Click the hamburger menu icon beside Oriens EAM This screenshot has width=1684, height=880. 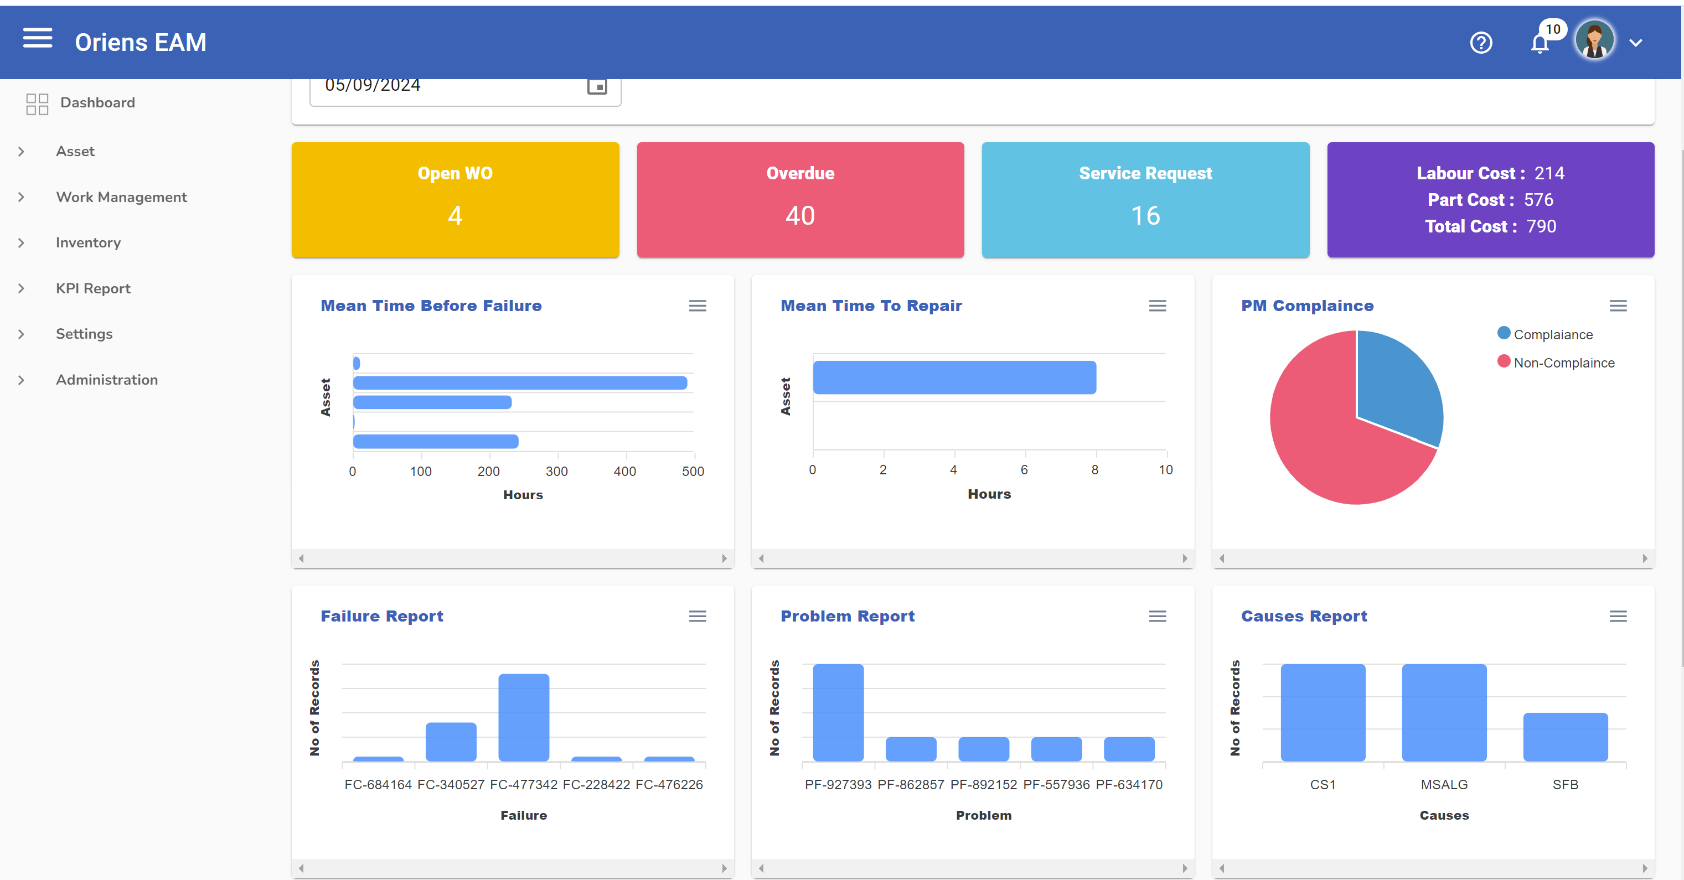coord(37,39)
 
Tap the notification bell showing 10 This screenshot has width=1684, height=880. coord(1540,44)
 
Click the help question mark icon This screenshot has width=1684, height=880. coord(1481,43)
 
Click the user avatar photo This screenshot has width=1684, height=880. coord(1594,40)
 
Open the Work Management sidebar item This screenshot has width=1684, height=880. coord(122,197)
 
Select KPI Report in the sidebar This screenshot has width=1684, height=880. coord(93,288)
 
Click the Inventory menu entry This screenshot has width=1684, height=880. coord(88,242)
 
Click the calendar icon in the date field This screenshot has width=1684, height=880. coord(596,86)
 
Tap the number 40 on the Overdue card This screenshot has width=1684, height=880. coord(799,216)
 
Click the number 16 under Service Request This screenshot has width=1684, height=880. coord(1145,216)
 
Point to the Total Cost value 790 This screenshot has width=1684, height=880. coord(1541,226)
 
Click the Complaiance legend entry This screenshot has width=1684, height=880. coord(1553,335)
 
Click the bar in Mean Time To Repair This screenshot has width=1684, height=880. coord(954,378)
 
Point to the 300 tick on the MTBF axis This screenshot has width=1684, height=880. coord(557,471)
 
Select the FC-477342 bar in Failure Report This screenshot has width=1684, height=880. coord(524,717)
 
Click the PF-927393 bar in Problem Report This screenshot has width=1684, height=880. coord(838,713)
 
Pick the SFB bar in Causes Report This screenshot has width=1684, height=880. coord(1565,737)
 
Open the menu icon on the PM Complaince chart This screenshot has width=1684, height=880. coord(1618,306)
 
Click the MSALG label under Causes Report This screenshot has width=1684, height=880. coord(1444,785)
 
